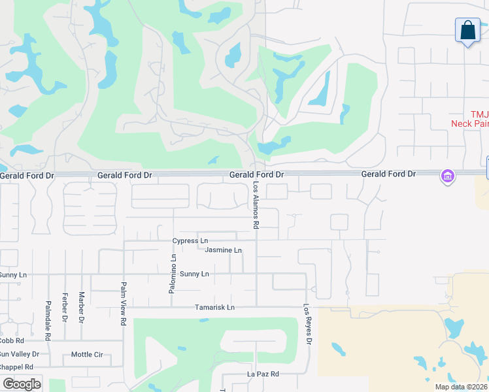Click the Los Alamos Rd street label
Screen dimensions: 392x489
point(256,206)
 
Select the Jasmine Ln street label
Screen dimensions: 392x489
point(223,250)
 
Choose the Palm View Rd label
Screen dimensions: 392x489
point(123,303)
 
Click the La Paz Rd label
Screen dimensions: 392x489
point(263,374)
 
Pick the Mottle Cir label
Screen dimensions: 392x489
point(87,355)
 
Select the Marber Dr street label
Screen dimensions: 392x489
point(82,308)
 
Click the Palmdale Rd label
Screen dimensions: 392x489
point(48,319)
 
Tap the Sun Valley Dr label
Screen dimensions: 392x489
point(20,354)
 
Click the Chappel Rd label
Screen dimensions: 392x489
point(16,367)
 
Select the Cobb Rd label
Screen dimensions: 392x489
point(12,341)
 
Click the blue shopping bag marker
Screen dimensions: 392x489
point(467,31)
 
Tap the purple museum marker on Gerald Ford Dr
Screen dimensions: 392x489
point(448,176)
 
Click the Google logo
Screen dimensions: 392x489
point(22,384)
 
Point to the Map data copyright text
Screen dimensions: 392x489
point(460,387)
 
